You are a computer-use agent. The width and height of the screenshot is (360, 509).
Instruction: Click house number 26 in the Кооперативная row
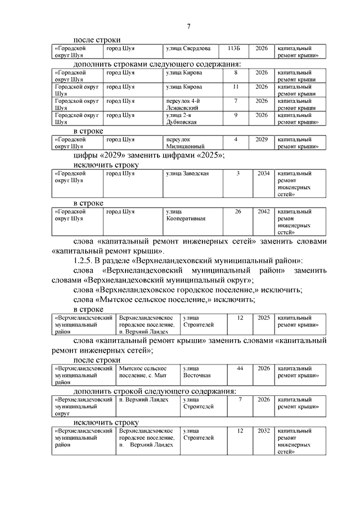(x=238, y=211)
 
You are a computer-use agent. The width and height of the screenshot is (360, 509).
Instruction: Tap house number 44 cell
(x=240, y=368)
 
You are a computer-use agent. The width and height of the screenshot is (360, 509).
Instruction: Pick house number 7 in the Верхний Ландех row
(x=240, y=399)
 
